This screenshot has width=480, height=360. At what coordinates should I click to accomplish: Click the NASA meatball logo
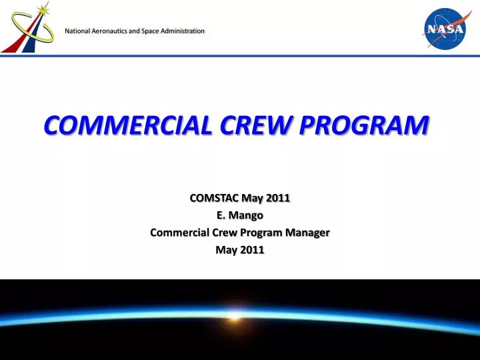(x=445, y=27)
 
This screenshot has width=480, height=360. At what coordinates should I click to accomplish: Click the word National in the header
(x=78, y=31)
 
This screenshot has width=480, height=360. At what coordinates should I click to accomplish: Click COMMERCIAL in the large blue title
(x=125, y=125)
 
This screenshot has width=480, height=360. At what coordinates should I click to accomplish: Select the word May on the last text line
(x=227, y=250)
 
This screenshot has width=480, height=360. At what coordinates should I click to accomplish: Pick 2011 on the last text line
(x=253, y=250)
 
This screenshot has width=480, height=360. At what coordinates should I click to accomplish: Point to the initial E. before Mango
(x=222, y=215)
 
